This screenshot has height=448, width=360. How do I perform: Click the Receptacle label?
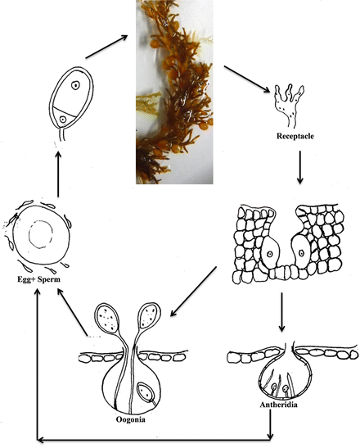pyautogui.click(x=295, y=136)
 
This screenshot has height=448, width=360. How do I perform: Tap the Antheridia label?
pyautogui.click(x=278, y=405)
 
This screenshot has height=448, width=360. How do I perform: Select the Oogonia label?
pyautogui.click(x=130, y=419)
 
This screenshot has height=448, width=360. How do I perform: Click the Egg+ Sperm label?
pyautogui.click(x=38, y=279)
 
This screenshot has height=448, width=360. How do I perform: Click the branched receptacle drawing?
pyautogui.click(x=288, y=105)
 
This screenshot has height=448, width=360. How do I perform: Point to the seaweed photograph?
pyautogui.click(x=174, y=92)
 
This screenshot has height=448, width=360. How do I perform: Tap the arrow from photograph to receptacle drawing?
pyautogui.click(x=246, y=79)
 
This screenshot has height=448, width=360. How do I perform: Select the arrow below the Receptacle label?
pyautogui.click(x=299, y=167)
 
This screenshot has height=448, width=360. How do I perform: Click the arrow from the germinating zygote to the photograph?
pyautogui.click(x=106, y=47)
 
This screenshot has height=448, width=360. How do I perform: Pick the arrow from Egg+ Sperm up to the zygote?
pyautogui.click(x=58, y=174)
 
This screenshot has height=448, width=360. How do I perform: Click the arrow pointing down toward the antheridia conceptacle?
pyautogui.click(x=281, y=312)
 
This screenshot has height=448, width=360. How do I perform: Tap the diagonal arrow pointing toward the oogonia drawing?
pyautogui.click(x=193, y=292)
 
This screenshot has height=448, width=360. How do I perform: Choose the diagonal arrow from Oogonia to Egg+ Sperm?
pyautogui.click(x=72, y=312)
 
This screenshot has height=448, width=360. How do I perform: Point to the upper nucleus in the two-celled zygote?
pyautogui.click(x=75, y=85)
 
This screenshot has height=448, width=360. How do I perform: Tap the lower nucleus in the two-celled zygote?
pyautogui.click(x=62, y=119)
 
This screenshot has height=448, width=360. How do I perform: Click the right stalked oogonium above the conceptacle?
pyautogui.click(x=149, y=315)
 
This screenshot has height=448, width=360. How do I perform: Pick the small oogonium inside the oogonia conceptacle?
pyautogui.click(x=146, y=392)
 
